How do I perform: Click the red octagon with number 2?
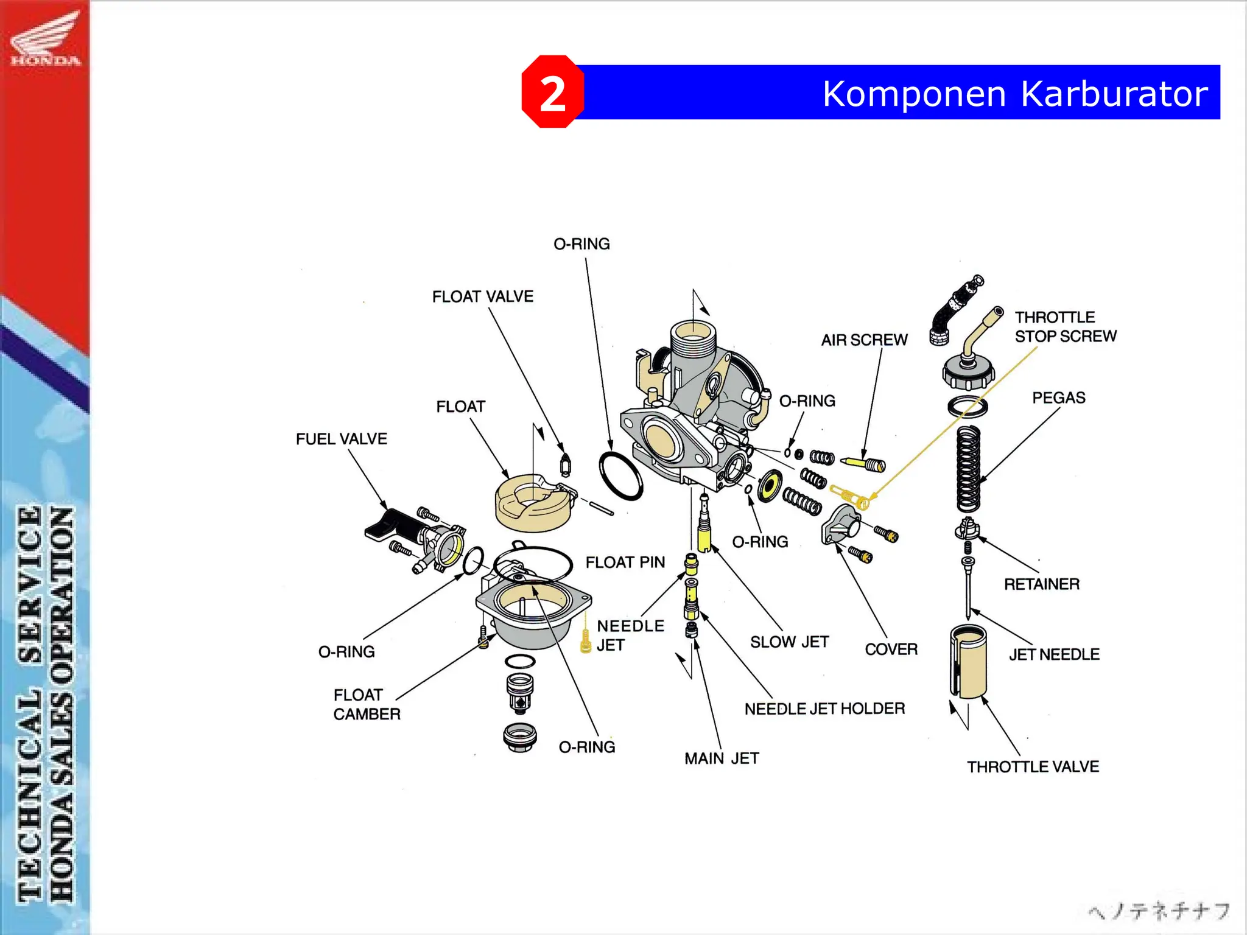point(552,92)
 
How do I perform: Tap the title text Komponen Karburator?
point(1014,94)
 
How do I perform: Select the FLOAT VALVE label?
point(482,296)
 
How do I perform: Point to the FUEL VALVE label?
point(341,439)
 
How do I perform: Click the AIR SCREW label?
point(863,340)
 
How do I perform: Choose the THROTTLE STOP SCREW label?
point(1065,327)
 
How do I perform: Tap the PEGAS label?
point(1058,397)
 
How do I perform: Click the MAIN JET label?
point(721,758)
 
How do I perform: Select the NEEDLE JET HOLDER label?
point(824,709)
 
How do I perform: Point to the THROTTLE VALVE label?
point(1033,767)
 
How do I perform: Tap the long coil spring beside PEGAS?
point(968,469)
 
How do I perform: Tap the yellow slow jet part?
point(704,536)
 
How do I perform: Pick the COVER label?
point(890,650)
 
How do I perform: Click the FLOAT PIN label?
point(625,562)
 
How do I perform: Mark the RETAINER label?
point(1041,584)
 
